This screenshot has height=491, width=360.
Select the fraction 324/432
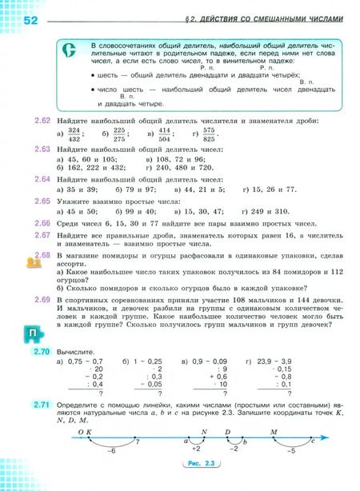(x=74, y=134)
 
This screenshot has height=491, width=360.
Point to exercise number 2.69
(x=42, y=298)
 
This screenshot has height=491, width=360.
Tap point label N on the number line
(x=205, y=432)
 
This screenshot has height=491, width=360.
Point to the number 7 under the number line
(x=137, y=442)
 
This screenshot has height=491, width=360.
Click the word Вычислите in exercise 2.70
(x=77, y=351)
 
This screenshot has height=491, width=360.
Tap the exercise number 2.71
(x=42, y=405)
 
